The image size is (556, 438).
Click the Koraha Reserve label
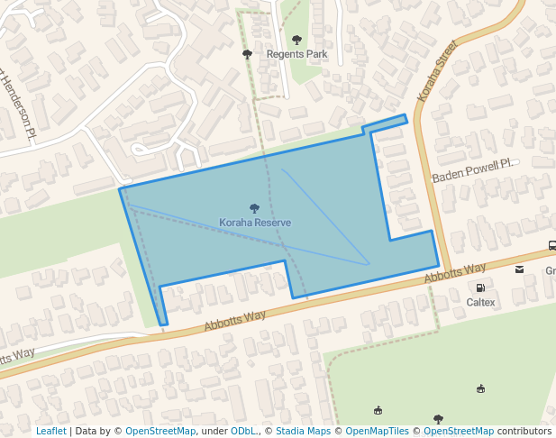(x=255, y=222)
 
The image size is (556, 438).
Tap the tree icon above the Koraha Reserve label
(x=254, y=208)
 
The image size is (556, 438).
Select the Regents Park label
(x=296, y=54)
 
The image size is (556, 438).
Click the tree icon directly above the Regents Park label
(x=297, y=40)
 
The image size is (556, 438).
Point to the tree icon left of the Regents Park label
(x=248, y=54)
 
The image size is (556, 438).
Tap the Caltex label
(x=480, y=302)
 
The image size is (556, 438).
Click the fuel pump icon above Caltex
(x=480, y=287)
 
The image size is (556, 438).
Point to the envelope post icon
(x=519, y=269)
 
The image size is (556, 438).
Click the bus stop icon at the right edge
(x=551, y=246)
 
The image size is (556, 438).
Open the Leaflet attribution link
(x=50, y=432)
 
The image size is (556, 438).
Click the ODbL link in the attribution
(x=244, y=432)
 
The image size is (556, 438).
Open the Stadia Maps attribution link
(x=302, y=432)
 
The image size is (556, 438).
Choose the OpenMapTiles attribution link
(x=377, y=432)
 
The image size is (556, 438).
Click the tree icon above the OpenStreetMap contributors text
(x=438, y=418)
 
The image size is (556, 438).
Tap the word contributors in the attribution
(x=524, y=432)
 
